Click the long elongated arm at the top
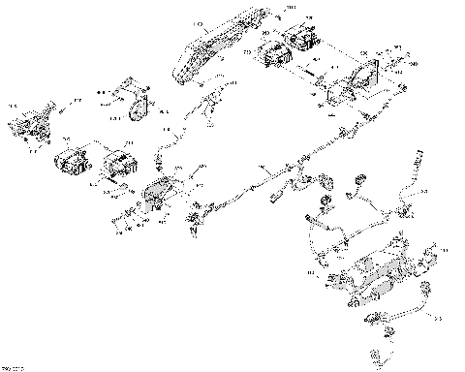(x=209, y=49)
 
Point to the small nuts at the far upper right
(x=398, y=58)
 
